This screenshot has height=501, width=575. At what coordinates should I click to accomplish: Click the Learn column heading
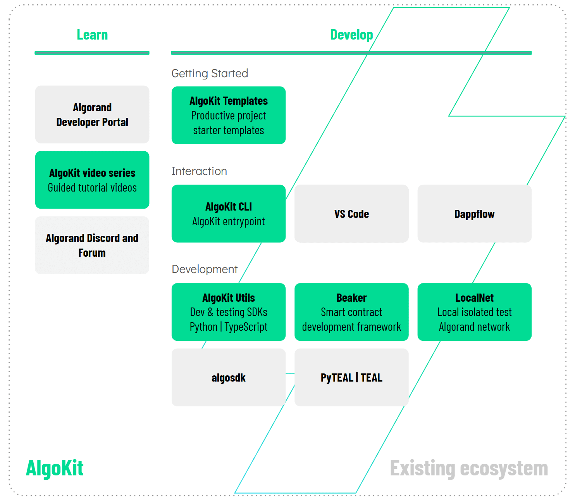(92, 35)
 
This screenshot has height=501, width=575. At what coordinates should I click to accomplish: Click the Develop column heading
(351, 35)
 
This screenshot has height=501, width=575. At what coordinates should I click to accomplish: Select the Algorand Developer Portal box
(92, 115)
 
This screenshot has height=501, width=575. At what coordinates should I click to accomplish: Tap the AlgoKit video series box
(92, 180)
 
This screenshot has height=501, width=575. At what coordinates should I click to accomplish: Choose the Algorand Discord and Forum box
(92, 245)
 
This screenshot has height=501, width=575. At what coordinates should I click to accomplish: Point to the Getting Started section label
(210, 73)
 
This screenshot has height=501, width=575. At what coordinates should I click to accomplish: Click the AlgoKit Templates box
(229, 116)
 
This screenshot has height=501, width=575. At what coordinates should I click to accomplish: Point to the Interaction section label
(199, 171)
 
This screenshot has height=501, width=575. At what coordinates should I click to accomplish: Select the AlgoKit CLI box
(229, 214)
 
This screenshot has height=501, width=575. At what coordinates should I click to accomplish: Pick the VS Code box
(351, 214)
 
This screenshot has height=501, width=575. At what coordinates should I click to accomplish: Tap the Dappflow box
(474, 214)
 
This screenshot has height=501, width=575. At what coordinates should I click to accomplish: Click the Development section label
(205, 269)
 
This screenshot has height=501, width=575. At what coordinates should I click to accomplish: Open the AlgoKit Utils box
(229, 312)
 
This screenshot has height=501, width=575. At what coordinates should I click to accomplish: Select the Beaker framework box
(351, 312)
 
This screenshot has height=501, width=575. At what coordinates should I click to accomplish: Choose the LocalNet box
(474, 312)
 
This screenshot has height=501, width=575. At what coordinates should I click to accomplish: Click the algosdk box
(229, 377)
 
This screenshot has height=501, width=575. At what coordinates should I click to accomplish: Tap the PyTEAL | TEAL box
(351, 377)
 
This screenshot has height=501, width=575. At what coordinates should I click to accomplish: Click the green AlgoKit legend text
(55, 468)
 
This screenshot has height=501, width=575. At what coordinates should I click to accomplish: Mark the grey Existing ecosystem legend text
(469, 468)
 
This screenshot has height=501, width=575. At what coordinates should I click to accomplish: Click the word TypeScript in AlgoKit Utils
(246, 327)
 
